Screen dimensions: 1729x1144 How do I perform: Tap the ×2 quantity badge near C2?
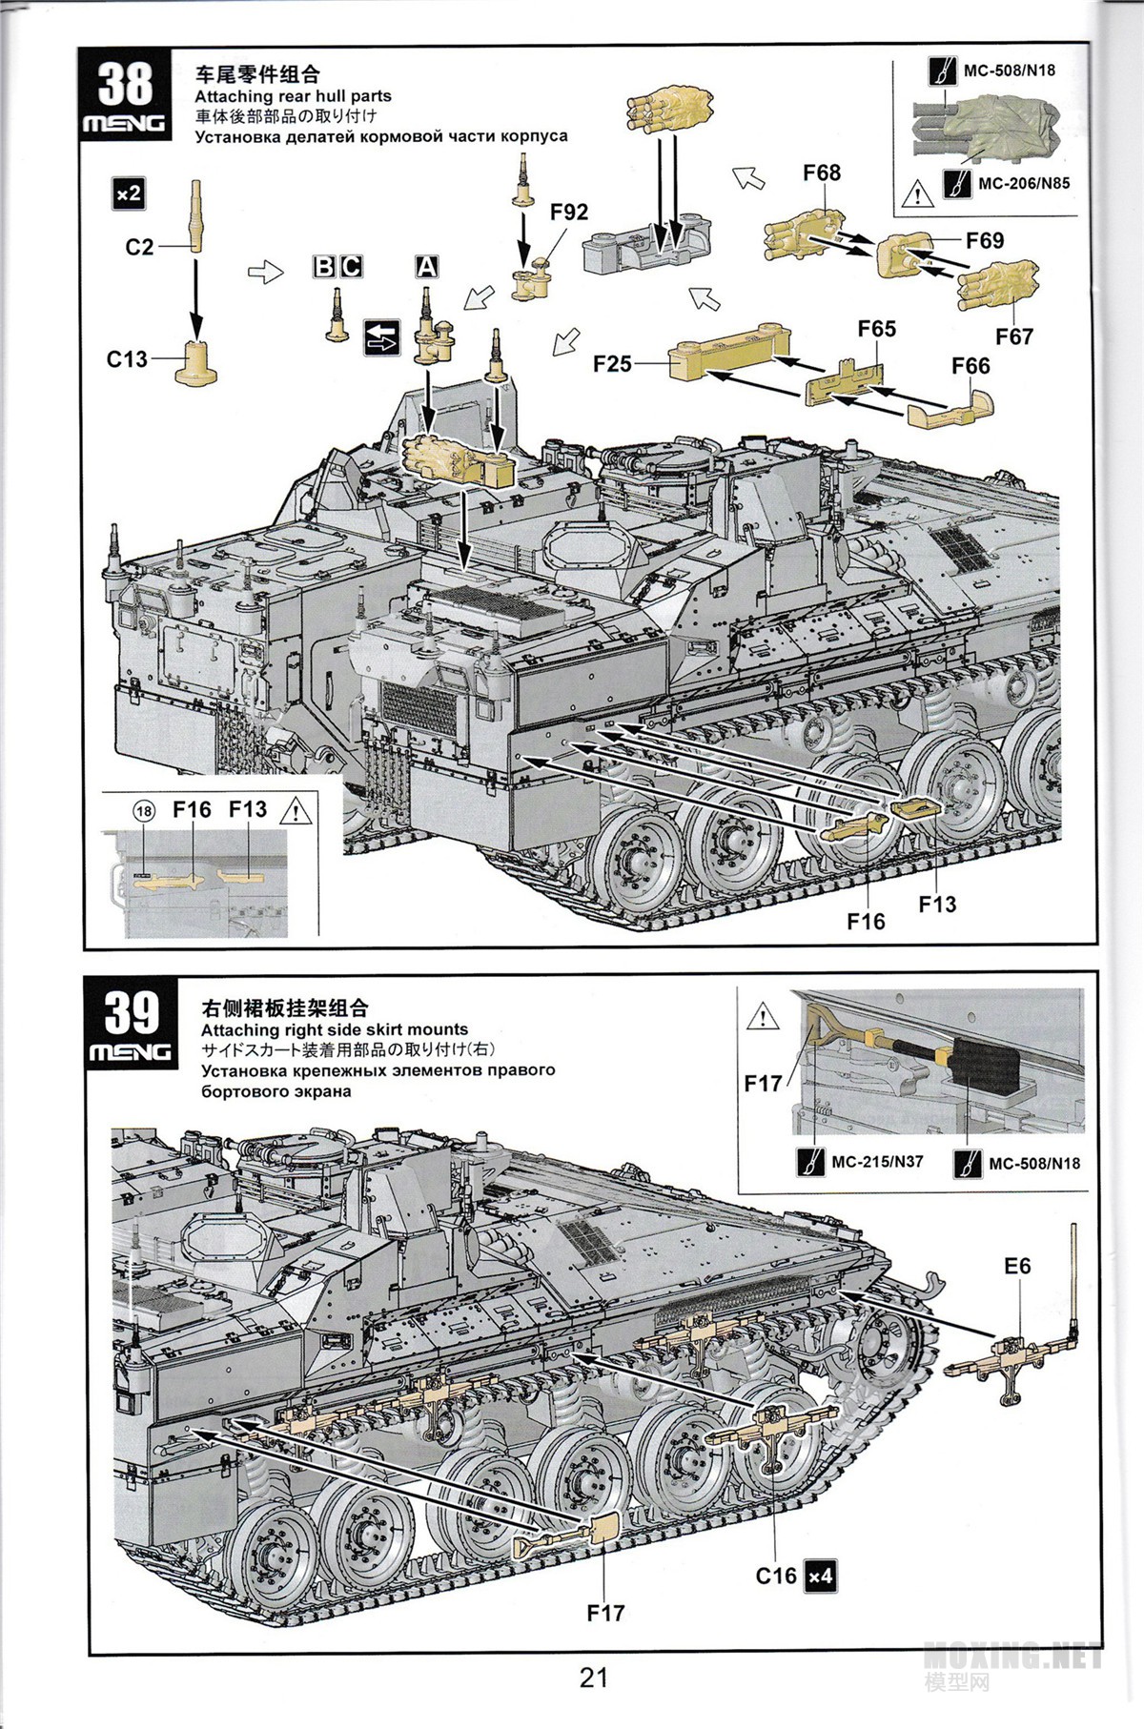tap(128, 194)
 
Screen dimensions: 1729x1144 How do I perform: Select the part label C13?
tap(127, 358)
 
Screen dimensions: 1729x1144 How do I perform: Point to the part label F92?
tap(568, 212)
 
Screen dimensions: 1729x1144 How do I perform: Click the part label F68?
tap(822, 173)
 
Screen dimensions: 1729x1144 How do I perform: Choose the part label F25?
tap(612, 363)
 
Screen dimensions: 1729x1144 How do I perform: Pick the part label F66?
tap(970, 365)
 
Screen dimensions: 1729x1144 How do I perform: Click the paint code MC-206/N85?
tap(1022, 183)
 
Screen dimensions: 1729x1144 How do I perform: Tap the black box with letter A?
tap(427, 267)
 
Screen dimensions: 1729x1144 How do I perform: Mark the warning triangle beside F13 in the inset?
tap(296, 811)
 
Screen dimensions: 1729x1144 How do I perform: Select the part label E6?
tap(1017, 1266)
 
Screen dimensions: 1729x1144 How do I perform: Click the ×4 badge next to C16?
tap(819, 1576)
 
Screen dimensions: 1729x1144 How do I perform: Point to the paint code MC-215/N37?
tap(877, 1162)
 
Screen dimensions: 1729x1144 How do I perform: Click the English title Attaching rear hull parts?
tap(293, 96)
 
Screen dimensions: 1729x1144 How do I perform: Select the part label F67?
tap(1015, 336)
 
